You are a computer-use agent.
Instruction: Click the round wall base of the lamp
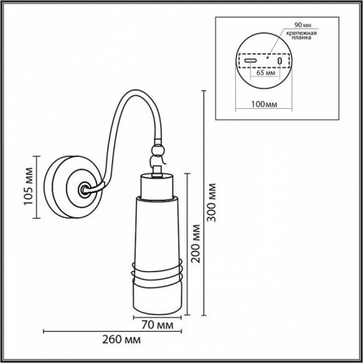pyautogui.click(x=71, y=187)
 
